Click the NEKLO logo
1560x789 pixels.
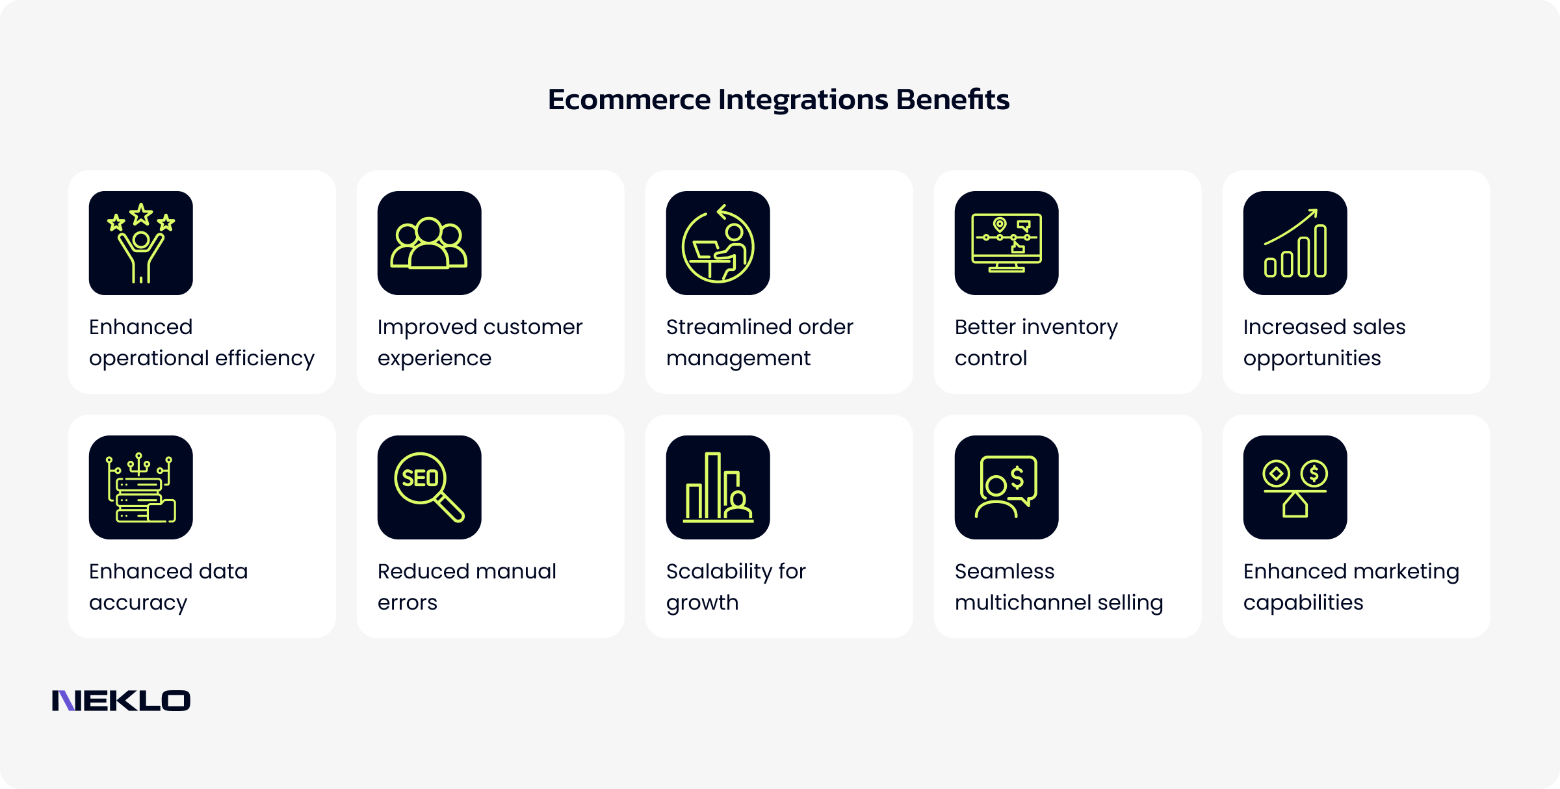(x=121, y=701)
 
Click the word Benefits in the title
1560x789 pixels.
(x=952, y=99)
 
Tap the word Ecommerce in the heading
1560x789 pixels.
(x=629, y=99)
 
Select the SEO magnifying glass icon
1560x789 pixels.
(x=429, y=487)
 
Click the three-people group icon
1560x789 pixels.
(x=429, y=243)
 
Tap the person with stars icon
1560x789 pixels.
(x=141, y=243)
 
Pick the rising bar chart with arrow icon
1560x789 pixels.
(x=1295, y=243)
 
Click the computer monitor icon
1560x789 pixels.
(x=1006, y=243)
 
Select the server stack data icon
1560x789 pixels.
(x=141, y=487)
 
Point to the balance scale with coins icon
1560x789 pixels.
(x=1295, y=487)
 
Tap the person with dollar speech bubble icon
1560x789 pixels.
(x=1006, y=487)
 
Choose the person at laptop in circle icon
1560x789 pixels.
(x=718, y=243)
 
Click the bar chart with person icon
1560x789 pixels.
(x=718, y=487)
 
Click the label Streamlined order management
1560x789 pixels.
(x=759, y=343)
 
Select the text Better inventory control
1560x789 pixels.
(x=1036, y=343)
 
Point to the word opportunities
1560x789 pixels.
(x=1312, y=358)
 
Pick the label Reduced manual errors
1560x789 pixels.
(x=467, y=587)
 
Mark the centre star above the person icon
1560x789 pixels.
(x=141, y=214)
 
